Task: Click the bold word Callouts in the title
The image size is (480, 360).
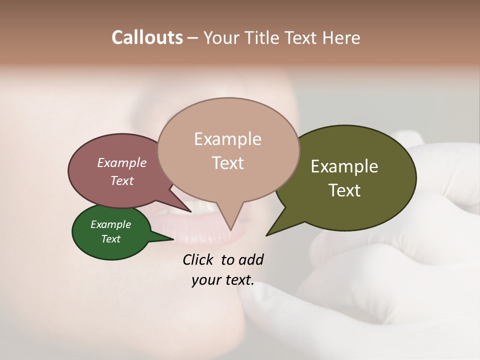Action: coord(147,37)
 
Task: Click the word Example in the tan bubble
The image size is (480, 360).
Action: coord(227,139)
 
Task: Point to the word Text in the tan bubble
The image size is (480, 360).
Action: coord(228,163)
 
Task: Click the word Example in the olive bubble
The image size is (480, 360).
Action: coord(344,166)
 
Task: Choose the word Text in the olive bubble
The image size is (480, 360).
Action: coord(344,190)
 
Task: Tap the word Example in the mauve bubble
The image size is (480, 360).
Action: coord(122,162)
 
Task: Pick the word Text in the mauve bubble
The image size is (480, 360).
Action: coord(122,180)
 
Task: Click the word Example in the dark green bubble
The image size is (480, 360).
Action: coord(110,224)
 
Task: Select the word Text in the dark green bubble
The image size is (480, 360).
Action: coord(110,239)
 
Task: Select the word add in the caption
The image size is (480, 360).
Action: coord(251,259)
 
